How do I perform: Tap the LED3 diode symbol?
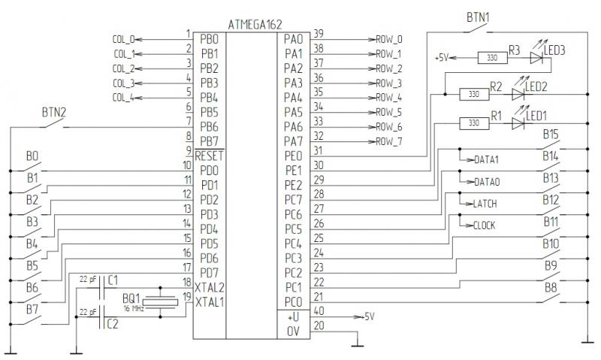click(x=536, y=56)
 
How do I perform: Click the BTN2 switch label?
click(x=53, y=113)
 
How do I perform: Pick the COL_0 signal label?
click(x=124, y=39)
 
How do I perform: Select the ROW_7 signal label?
click(x=389, y=141)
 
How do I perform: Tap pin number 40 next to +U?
click(x=319, y=310)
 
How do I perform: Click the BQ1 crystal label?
click(x=131, y=298)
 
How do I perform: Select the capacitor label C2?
click(x=112, y=324)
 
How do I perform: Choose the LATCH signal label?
click(x=485, y=204)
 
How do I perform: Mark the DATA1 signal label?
click(x=487, y=160)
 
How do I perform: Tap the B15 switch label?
click(x=551, y=135)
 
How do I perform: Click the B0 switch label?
click(x=32, y=156)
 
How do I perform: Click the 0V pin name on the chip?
click(x=293, y=331)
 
